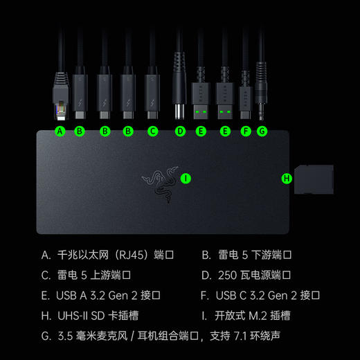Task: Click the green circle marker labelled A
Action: point(60,130)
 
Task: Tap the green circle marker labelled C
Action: point(153,130)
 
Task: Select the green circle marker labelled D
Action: point(180,130)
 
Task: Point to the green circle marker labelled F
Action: point(246,130)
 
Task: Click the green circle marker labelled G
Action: point(261,130)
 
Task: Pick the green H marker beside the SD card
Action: point(287,179)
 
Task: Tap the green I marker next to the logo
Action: point(186,178)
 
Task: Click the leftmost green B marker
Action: point(80,130)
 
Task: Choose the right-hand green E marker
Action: point(224,130)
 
